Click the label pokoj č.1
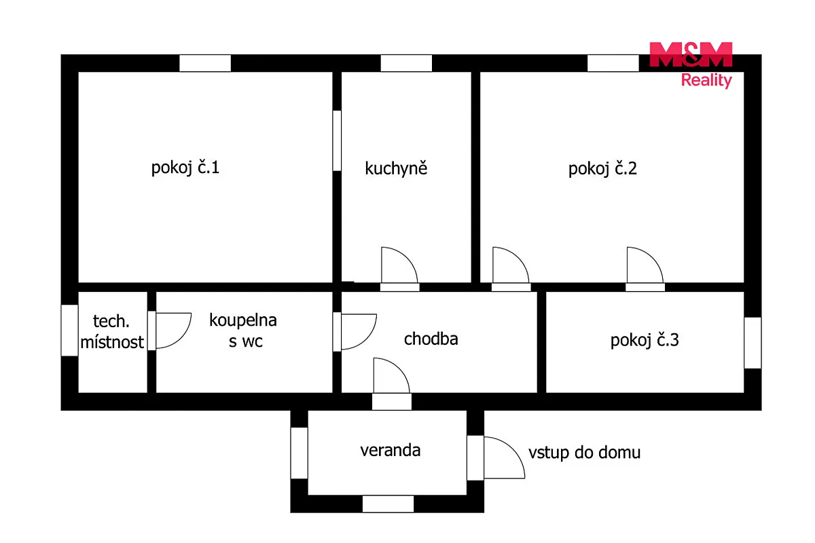pos(185,168)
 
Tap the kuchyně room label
pos(396,168)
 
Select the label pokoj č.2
pos(602,169)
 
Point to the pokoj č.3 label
pos(645,340)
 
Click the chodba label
pos(431,339)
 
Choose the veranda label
pos(390,450)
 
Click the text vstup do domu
pos(584,453)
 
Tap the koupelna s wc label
pos(243,331)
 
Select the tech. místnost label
pos(112,331)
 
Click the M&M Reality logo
pos(691,64)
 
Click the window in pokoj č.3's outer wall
pos(753,343)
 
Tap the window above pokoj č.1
pos(205,63)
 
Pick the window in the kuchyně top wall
pos(406,63)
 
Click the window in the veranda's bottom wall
pos(388,504)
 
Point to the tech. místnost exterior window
pos(69,331)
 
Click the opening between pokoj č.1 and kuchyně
pos(337,141)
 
